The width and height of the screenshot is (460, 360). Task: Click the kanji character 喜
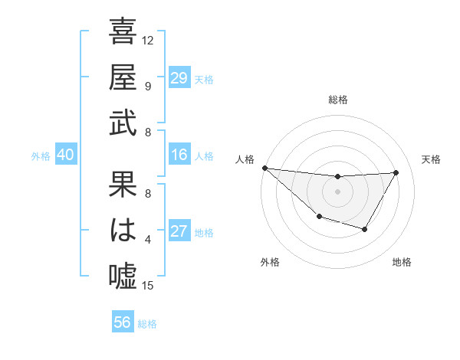pyautogui.click(x=123, y=33)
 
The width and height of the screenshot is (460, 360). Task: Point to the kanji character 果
pyautogui.click(x=123, y=187)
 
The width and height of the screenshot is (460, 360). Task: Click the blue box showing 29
pyautogui.click(x=179, y=77)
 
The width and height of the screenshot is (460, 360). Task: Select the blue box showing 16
pyautogui.click(x=179, y=155)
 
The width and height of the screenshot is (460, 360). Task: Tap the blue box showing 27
pyautogui.click(x=179, y=231)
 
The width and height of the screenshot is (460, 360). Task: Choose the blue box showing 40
pyautogui.click(x=65, y=155)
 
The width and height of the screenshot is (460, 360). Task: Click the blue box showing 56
pyautogui.click(x=123, y=322)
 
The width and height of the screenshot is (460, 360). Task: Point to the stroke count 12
pyautogui.click(x=148, y=39)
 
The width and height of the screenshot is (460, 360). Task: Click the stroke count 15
pyautogui.click(x=148, y=286)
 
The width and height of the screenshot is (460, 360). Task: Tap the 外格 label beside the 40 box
pyautogui.click(x=41, y=155)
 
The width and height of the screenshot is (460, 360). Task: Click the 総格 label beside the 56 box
pyautogui.click(x=148, y=324)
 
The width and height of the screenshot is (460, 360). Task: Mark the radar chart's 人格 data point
pyautogui.click(x=264, y=168)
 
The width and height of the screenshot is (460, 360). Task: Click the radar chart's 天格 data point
pyautogui.click(x=396, y=172)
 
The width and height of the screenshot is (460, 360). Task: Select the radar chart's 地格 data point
pyautogui.click(x=365, y=229)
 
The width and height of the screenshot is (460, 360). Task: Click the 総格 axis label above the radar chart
pyautogui.click(x=337, y=100)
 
